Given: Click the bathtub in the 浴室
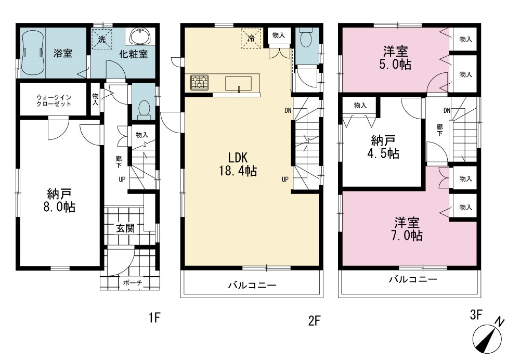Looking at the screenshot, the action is tap(32, 53).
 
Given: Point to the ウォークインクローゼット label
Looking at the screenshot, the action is tap(54, 100).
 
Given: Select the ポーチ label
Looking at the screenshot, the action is tap(132, 282).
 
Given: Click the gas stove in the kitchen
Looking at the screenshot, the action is tap(199, 83).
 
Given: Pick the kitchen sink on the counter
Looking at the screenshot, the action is tap(239, 83).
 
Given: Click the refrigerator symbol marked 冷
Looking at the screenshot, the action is tap(251, 38).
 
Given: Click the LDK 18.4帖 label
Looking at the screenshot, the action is tap(238, 164).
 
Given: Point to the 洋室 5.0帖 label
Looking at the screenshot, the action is tap(395, 58).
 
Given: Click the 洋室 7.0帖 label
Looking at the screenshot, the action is tap(407, 229).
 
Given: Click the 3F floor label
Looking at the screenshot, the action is tap(476, 315).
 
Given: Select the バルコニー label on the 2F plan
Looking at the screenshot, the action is tap(252, 285).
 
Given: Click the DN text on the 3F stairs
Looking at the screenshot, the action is tap(447, 110).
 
